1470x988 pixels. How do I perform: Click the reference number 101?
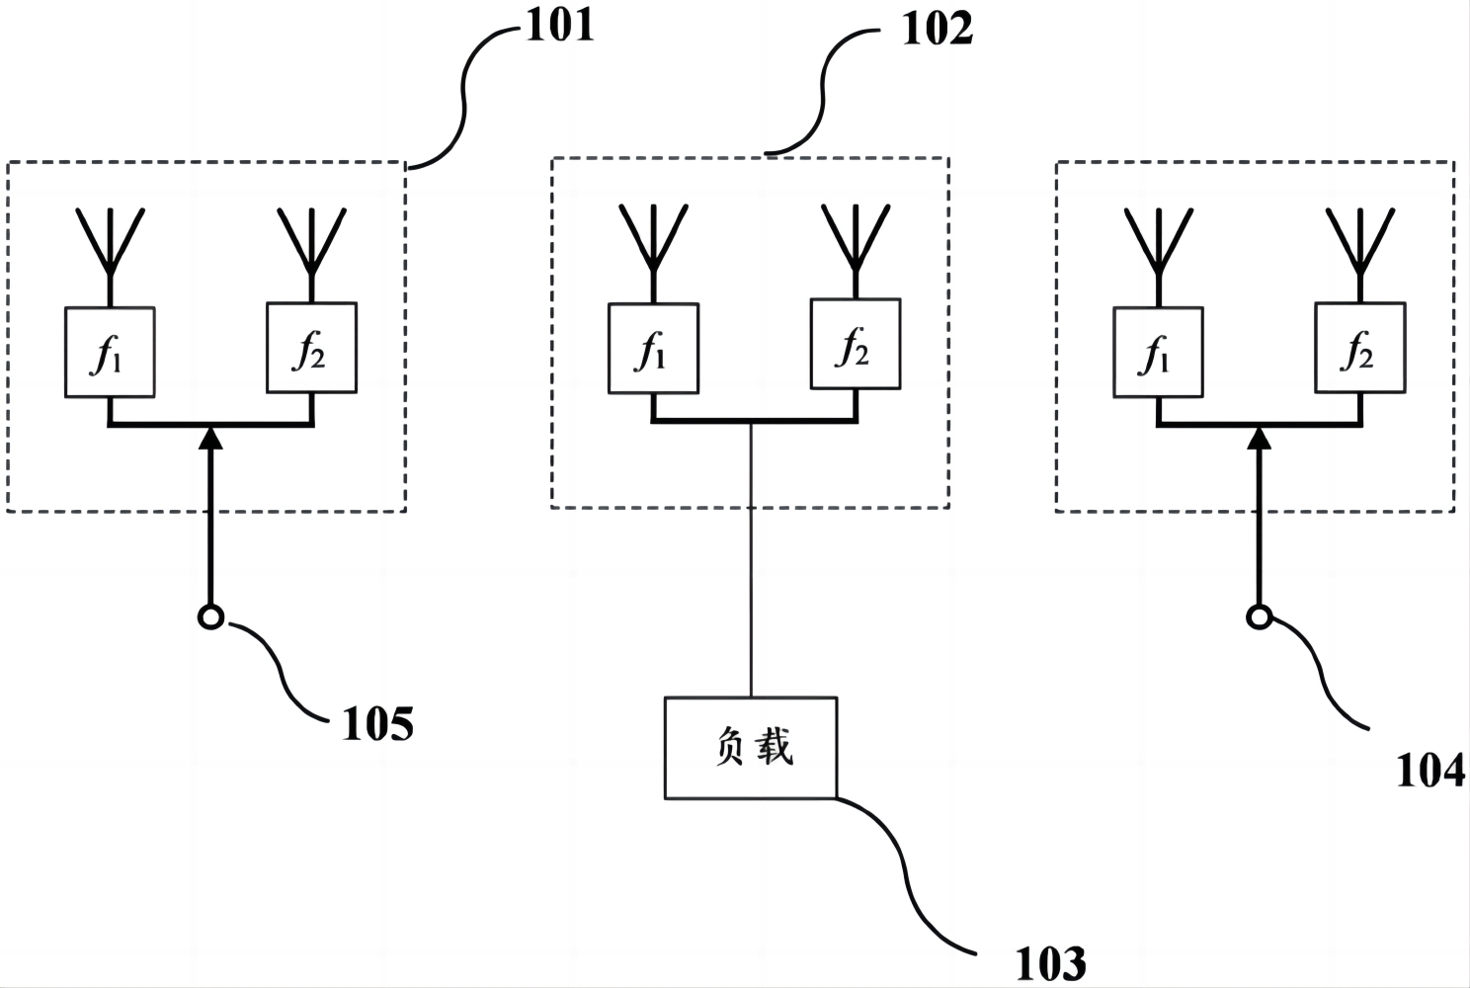(x=559, y=25)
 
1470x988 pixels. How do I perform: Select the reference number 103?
(x=1050, y=962)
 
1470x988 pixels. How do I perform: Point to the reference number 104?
(x=1429, y=771)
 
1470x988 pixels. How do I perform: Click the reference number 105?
(x=377, y=724)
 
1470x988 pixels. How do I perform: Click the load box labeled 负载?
(x=751, y=748)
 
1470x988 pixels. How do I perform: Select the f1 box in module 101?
(x=110, y=353)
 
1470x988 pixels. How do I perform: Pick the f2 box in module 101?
(x=312, y=348)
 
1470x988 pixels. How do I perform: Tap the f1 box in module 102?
(x=653, y=349)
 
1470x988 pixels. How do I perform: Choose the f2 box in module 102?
(x=856, y=344)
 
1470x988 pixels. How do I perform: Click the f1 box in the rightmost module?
(x=1158, y=353)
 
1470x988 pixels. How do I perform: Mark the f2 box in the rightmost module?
(x=1359, y=348)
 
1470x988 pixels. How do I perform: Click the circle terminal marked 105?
(x=210, y=617)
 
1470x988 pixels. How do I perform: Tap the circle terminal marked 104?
(x=1258, y=617)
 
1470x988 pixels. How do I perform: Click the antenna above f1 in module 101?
(x=111, y=242)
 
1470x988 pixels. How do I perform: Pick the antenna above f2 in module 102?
(x=856, y=238)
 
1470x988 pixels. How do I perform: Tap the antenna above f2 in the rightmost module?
(x=1360, y=242)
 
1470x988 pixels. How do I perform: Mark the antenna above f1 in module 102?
(x=653, y=238)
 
